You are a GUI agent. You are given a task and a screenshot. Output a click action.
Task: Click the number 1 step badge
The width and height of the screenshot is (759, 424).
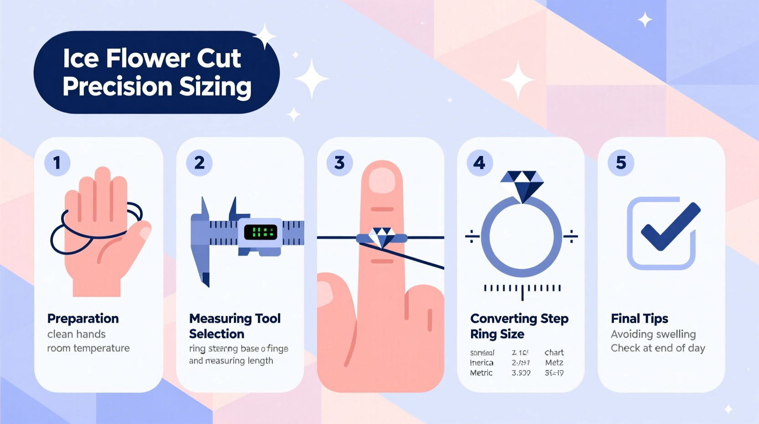click(x=57, y=163)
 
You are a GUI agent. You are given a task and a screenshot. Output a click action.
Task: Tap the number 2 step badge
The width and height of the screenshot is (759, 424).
click(x=199, y=163)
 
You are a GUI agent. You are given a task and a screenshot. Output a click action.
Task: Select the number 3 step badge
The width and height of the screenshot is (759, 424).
click(x=339, y=163)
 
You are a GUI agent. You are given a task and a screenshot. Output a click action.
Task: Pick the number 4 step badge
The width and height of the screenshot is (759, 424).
click(x=479, y=163)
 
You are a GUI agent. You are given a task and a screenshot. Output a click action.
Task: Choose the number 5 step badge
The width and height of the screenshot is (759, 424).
click(x=621, y=163)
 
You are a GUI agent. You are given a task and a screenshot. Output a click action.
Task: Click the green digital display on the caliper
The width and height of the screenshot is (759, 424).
click(x=260, y=232)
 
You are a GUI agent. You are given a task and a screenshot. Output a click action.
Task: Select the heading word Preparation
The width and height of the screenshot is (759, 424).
click(x=83, y=318)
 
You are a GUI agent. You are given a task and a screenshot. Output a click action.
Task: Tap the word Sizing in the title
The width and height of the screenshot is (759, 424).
click(x=215, y=87)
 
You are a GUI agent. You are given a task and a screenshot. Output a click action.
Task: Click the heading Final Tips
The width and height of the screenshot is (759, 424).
click(x=639, y=318)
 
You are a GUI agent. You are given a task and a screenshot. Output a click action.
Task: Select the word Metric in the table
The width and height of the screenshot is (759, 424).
click(x=481, y=373)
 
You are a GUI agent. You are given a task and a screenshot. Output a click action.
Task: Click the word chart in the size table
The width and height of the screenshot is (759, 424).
click(x=554, y=353)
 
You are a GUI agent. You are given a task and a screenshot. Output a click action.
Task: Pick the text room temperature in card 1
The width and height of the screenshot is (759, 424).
click(x=88, y=348)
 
